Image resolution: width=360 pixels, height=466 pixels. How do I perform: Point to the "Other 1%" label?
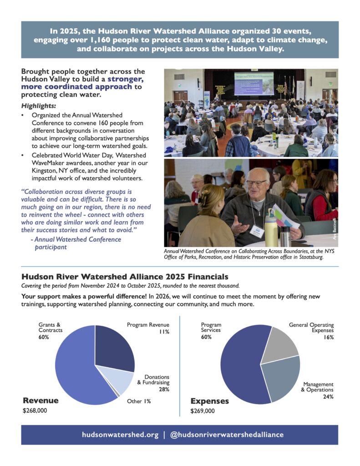[x=138, y=401]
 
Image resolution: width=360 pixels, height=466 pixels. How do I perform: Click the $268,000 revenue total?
[x=35, y=410]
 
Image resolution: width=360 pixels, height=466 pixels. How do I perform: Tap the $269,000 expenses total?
[x=203, y=411]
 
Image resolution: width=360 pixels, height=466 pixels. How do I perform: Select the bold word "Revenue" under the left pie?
[x=41, y=400]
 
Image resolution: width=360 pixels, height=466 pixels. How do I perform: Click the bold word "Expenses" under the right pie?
[x=209, y=401]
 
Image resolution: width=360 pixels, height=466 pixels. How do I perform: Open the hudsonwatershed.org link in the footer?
[x=120, y=435]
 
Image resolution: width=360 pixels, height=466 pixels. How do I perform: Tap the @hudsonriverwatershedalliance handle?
[x=226, y=435]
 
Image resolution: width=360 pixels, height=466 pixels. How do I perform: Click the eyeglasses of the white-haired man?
[x=256, y=183]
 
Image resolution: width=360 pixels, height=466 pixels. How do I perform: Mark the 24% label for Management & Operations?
[x=328, y=396]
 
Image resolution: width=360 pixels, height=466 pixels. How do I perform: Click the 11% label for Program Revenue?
[x=164, y=332]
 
